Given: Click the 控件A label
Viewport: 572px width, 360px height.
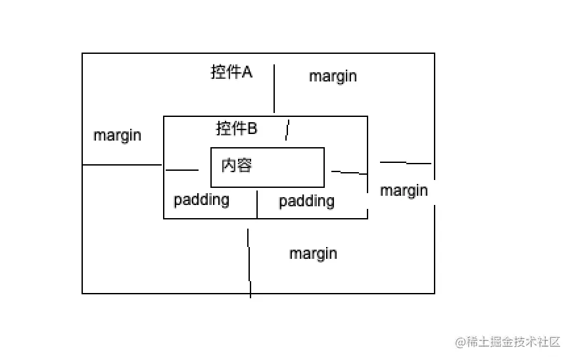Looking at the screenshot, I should (231, 72).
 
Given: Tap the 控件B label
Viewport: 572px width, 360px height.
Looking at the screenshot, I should (237, 129).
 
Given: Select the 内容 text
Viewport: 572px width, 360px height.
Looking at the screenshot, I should (237, 165).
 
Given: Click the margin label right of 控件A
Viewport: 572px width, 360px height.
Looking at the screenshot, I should (333, 76).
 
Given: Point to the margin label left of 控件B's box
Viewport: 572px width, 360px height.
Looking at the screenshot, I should (117, 136).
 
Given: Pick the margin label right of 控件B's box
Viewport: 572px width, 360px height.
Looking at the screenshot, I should (404, 191).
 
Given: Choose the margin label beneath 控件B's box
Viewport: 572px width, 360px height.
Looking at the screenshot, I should (313, 254).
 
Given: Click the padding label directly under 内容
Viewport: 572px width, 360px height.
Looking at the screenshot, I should (201, 200).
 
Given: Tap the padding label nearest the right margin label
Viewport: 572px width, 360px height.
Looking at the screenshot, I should (306, 201).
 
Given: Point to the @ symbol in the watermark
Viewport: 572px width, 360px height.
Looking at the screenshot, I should (460, 342).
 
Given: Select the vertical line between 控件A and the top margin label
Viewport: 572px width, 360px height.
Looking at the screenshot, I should (274, 89).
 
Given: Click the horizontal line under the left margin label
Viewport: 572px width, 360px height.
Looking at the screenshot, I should (122, 165).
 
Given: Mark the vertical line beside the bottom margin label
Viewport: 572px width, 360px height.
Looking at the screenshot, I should (249, 263).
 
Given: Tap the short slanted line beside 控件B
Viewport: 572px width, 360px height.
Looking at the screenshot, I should (287, 130).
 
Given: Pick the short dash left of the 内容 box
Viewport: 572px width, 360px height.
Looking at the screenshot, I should (182, 170).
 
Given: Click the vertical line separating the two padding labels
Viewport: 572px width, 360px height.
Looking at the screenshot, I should (257, 204).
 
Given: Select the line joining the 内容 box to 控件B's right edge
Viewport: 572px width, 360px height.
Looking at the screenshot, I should (349, 173).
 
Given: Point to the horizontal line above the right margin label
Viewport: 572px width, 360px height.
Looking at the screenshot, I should (405, 162).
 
